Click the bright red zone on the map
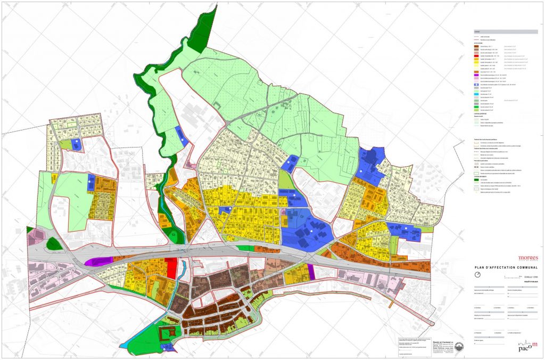click(x=171, y=268)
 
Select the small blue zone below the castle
click(x=168, y=348)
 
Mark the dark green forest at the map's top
click(x=205, y=29)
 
